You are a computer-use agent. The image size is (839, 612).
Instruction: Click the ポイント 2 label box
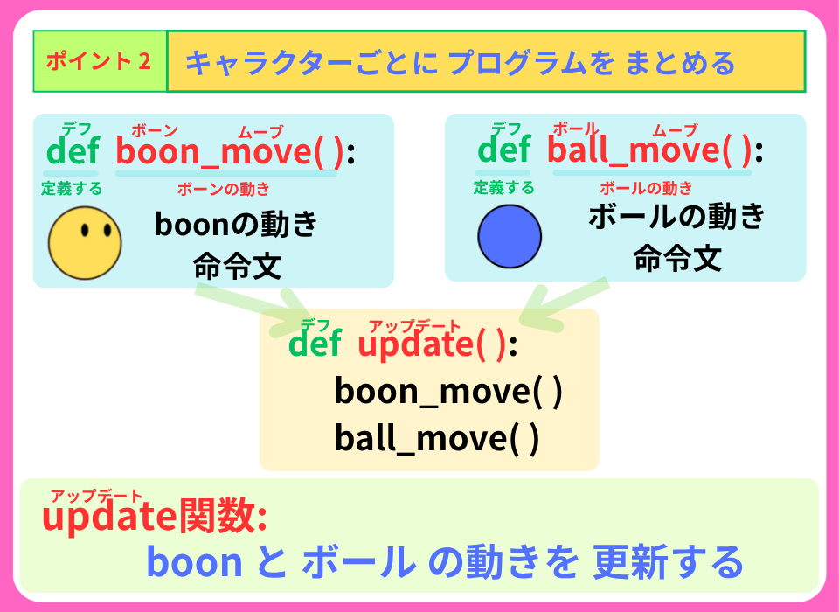pyautogui.click(x=100, y=61)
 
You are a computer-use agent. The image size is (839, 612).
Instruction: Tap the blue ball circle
pyautogui.click(x=510, y=236)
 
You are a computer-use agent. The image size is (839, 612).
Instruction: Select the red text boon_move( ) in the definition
pyautogui.click(x=230, y=152)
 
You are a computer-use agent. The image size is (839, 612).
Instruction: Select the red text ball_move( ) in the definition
pyautogui.click(x=648, y=151)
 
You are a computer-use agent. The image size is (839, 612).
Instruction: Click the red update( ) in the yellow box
pyautogui.click(x=432, y=344)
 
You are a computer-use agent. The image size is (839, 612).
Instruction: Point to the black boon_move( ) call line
pyautogui.click(x=447, y=391)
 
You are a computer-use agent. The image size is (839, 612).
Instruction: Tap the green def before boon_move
pyautogui.click(x=73, y=151)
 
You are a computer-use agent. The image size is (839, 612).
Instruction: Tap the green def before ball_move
pyautogui.click(x=504, y=150)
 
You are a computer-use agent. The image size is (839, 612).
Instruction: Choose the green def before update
pyautogui.click(x=315, y=344)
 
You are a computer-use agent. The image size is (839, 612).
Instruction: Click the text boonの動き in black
pyautogui.click(x=236, y=225)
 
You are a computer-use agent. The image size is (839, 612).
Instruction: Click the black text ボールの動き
pyautogui.click(x=676, y=217)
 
